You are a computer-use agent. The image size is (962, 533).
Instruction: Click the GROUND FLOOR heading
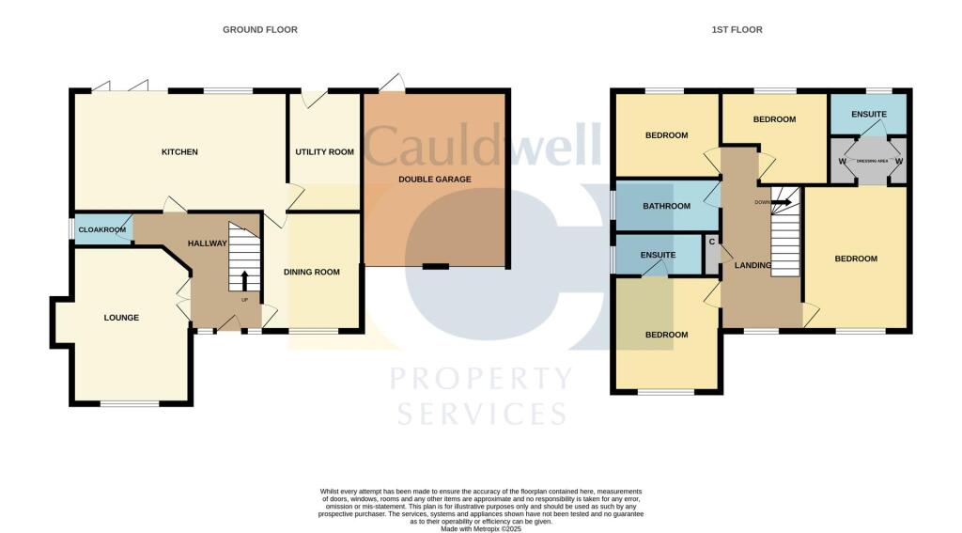(x=259, y=30)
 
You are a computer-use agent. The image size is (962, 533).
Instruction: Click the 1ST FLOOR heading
(x=737, y=30)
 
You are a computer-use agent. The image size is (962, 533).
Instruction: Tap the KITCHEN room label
(x=179, y=152)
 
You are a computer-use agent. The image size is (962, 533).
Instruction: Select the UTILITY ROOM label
(x=324, y=152)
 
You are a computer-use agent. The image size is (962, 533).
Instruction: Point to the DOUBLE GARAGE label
(x=435, y=179)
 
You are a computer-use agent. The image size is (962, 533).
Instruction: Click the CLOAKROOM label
(x=101, y=229)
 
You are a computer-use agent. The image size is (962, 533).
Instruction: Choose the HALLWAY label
(x=207, y=243)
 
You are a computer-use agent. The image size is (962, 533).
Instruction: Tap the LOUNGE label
(x=121, y=318)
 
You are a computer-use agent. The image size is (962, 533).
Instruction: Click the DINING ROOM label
(x=312, y=273)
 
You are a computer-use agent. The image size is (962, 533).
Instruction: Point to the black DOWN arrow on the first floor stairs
(x=781, y=201)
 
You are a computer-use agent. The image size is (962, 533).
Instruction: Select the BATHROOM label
(x=666, y=207)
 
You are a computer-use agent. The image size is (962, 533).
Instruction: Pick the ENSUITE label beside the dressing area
(x=869, y=115)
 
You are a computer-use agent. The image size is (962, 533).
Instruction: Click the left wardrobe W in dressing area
(x=842, y=162)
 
